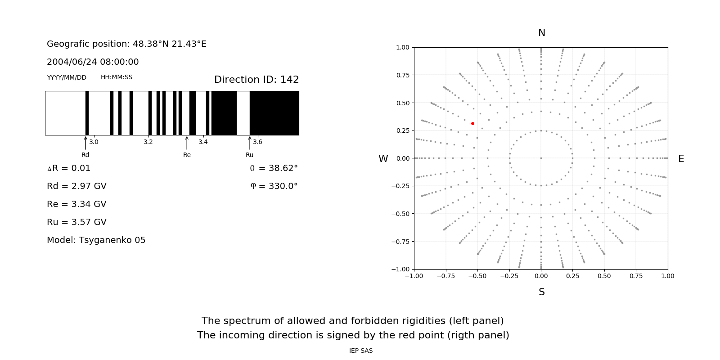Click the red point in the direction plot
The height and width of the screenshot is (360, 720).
[x=472, y=123]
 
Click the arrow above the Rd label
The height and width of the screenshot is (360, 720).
[x=85, y=143]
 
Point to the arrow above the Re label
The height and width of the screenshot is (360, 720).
[x=187, y=143]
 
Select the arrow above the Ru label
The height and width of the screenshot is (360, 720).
[x=250, y=143]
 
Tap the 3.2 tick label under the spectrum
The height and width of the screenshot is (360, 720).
[x=148, y=142]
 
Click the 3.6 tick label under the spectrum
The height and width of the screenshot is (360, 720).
[x=257, y=142]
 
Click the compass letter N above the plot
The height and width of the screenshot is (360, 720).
[x=542, y=33]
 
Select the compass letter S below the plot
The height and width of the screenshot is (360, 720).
[x=542, y=292]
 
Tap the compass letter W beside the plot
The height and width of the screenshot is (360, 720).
[x=383, y=159]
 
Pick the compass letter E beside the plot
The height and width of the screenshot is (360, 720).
[x=681, y=159]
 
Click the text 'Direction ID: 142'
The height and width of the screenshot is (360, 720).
[x=256, y=80]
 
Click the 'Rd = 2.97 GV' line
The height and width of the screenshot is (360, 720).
[x=76, y=186]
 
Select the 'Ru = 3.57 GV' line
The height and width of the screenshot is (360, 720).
[x=76, y=222]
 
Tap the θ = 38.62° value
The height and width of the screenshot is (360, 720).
[x=274, y=168]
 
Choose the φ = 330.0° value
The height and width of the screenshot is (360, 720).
[x=274, y=186]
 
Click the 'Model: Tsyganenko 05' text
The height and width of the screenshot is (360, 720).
[x=96, y=240]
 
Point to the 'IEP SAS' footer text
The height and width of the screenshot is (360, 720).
[x=361, y=351]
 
